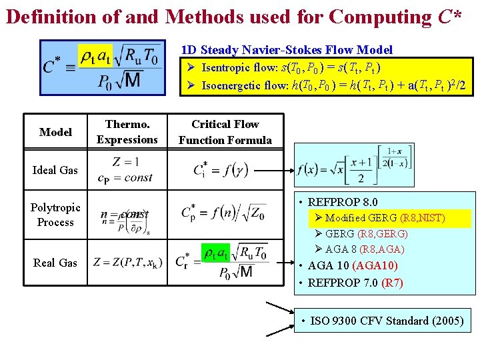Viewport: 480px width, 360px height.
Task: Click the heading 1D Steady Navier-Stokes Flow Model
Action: [287, 50]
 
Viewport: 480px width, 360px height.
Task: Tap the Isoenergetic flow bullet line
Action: [324, 85]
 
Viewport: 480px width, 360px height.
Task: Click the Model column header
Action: [55, 132]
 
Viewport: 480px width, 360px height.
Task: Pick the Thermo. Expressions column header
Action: [127, 132]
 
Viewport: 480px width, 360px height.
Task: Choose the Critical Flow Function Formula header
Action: [225, 132]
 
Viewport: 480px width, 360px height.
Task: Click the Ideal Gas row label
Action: [55, 170]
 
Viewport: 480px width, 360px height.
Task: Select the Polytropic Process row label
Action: [55, 215]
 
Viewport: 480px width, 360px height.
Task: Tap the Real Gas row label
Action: [55, 263]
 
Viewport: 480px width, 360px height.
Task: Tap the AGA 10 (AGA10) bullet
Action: [354, 265]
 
